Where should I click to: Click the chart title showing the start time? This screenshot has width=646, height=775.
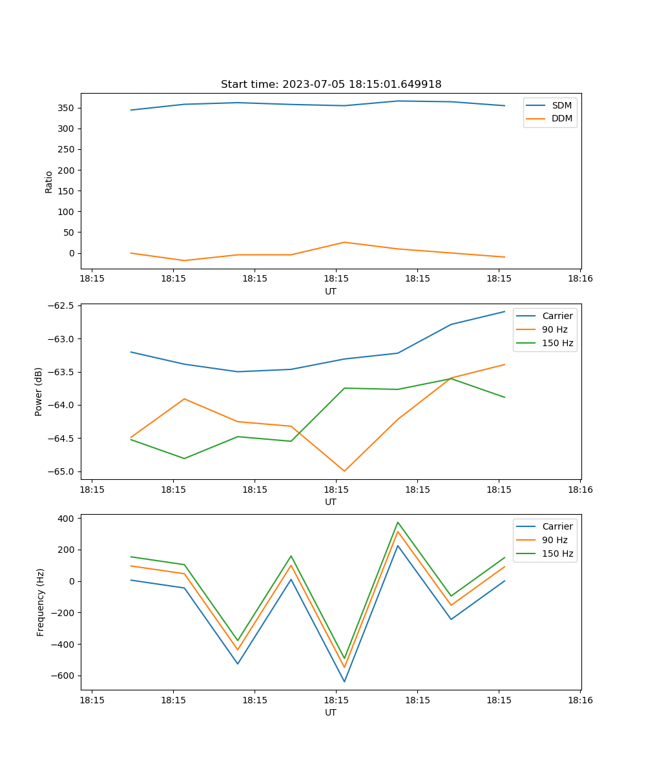pyautogui.click(x=331, y=85)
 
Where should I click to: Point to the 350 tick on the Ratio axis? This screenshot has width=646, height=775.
pyautogui.click(x=67, y=108)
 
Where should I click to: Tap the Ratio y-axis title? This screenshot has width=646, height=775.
pyautogui.click(x=49, y=181)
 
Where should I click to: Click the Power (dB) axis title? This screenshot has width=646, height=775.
pyautogui.click(x=39, y=391)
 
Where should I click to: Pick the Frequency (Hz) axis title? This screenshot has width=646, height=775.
pyautogui.click(x=40, y=602)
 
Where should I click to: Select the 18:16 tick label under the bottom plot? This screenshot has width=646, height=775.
pyautogui.click(x=580, y=700)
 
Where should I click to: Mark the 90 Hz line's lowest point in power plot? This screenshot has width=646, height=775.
pyautogui.click(x=344, y=471)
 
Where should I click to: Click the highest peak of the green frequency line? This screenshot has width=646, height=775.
pyautogui.click(x=398, y=522)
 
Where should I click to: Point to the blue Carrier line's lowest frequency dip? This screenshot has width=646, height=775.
pyautogui.click(x=344, y=681)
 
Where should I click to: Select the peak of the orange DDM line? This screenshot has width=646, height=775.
pyautogui.click(x=344, y=242)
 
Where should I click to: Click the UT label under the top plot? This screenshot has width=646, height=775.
pyautogui.click(x=331, y=291)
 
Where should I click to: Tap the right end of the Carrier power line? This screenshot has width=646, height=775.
pyautogui.click(x=505, y=311)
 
